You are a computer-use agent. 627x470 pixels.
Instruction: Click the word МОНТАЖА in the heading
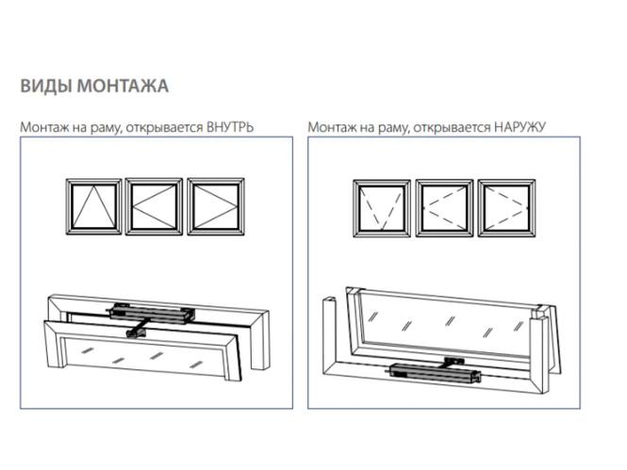(123, 87)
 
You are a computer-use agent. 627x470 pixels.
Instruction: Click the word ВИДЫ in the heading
(46, 87)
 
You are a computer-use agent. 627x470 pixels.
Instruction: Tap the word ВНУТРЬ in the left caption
(230, 127)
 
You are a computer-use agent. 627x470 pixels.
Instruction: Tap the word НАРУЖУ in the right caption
(520, 127)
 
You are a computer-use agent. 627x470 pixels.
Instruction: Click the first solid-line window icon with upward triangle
(93, 207)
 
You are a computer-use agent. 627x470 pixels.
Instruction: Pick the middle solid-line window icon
(154, 207)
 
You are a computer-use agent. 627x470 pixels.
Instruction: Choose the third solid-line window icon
(216, 207)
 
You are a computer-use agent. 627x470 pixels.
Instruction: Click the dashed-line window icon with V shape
(382, 208)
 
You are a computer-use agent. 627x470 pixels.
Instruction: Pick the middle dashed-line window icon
(444, 208)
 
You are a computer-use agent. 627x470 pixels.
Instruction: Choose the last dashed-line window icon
(506, 208)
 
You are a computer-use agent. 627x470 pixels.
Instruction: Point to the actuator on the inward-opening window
(151, 312)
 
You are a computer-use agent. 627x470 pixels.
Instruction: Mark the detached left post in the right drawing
(329, 334)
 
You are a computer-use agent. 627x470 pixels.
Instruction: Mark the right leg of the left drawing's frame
(261, 339)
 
